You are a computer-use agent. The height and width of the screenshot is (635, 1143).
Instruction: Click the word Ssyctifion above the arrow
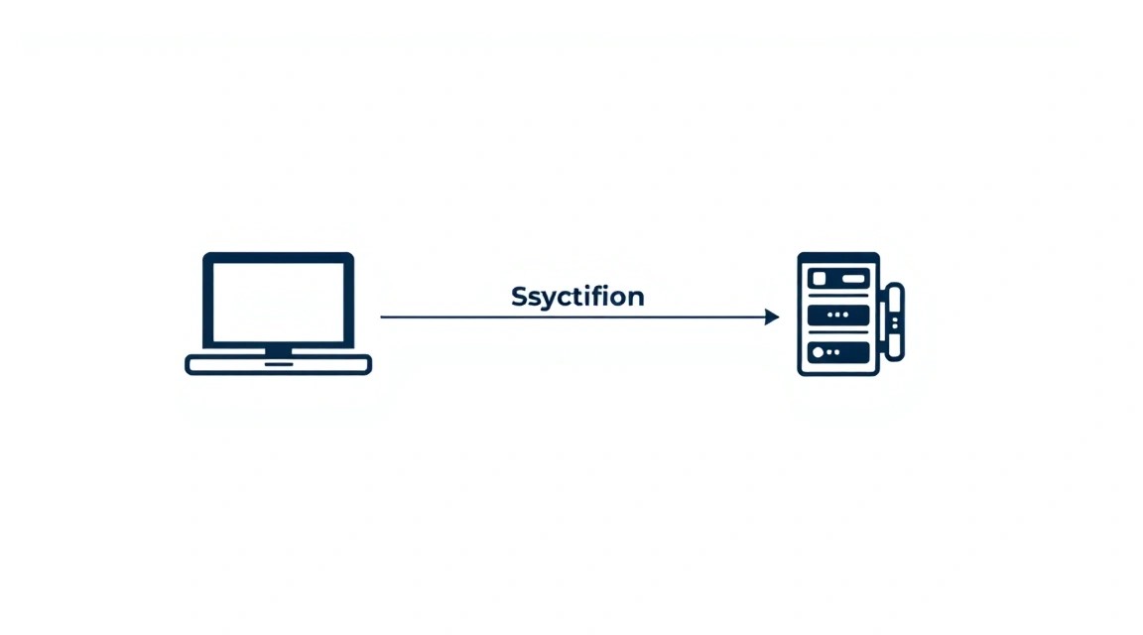[x=577, y=297]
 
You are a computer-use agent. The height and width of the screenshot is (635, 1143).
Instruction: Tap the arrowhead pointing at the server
[x=772, y=317]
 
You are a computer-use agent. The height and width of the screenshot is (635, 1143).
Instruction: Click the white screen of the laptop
[x=278, y=302]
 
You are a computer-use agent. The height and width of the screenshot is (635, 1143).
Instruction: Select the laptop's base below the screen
[x=279, y=364]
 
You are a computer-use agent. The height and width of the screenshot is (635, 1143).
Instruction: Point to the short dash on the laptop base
[x=279, y=364]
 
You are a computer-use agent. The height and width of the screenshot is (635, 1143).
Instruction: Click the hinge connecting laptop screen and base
[x=279, y=350]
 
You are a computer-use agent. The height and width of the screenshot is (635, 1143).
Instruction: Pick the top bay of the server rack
[x=838, y=279]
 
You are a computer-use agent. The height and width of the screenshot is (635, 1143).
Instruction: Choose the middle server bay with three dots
[x=838, y=315]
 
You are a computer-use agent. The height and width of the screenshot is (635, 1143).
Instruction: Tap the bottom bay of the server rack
[x=838, y=352]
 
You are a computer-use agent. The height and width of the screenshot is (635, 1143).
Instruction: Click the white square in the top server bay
[x=820, y=279]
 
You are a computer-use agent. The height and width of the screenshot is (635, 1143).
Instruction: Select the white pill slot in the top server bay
[x=853, y=279]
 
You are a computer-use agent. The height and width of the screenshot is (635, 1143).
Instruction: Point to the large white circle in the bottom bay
[x=818, y=352]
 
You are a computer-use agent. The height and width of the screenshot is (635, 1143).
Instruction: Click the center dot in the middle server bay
[x=837, y=315]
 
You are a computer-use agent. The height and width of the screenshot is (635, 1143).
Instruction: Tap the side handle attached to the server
[x=894, y=321]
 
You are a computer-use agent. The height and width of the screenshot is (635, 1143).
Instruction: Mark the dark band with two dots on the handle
[x=894, y=322]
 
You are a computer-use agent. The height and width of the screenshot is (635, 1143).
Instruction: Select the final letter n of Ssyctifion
[x=636, y=299]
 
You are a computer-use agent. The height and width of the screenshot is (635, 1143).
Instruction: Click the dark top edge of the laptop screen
[x=279, y=257]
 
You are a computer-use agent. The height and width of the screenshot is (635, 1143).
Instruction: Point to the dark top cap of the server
[x=838, y=257]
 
